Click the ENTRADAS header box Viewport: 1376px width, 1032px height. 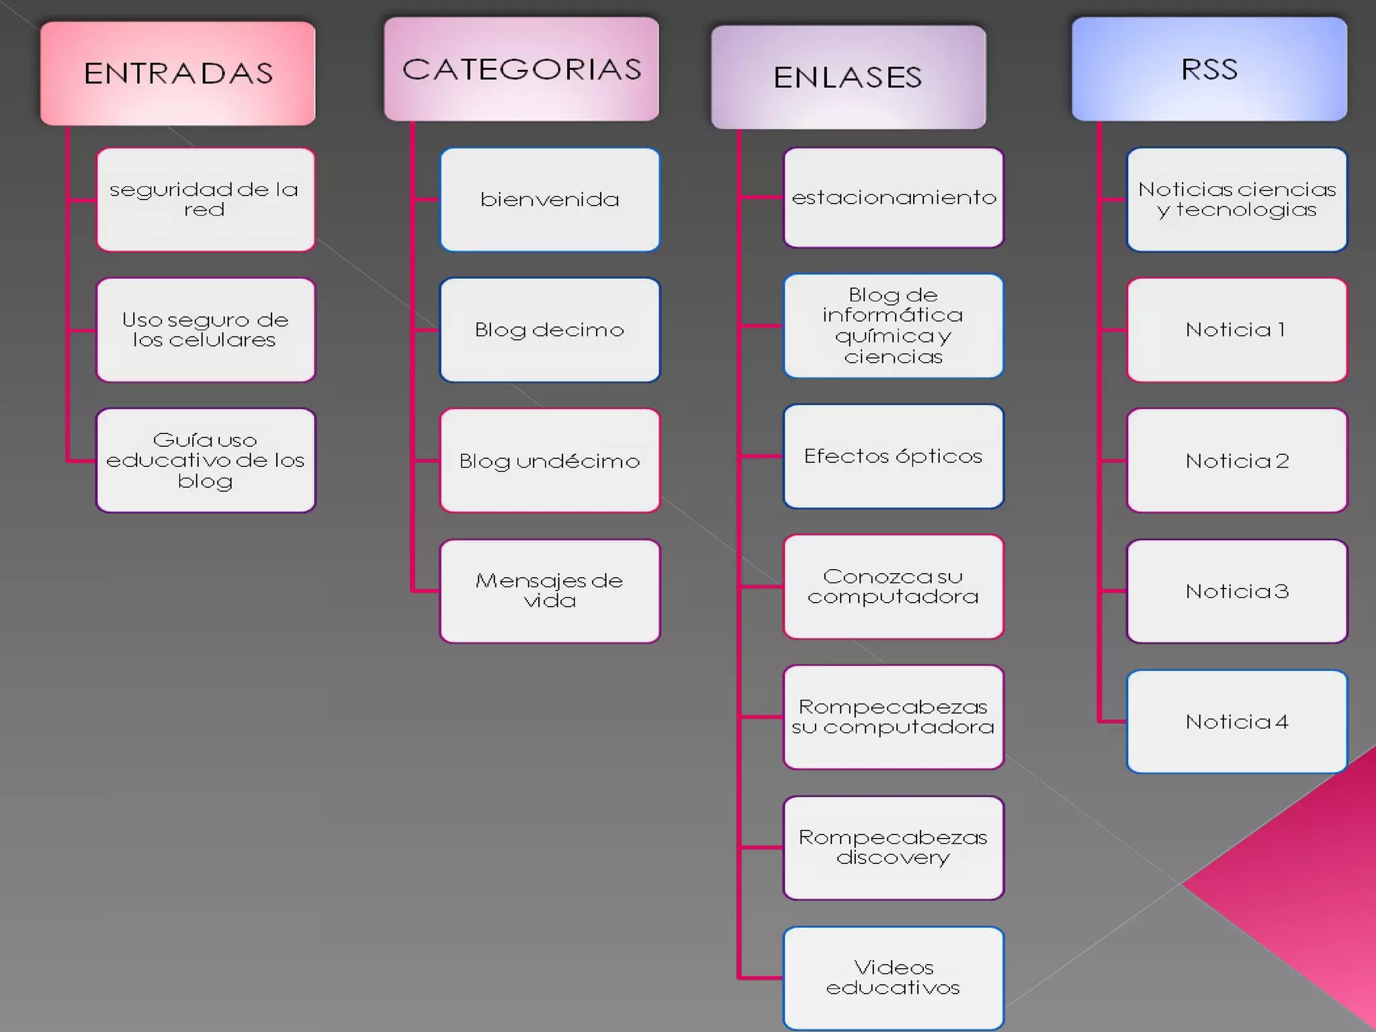(x=178, y=73)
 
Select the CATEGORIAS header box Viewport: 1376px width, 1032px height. (x=521, y=69)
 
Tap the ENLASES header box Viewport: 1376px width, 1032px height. (x=848, y=77)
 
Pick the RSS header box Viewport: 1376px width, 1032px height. (x=1209, y=69)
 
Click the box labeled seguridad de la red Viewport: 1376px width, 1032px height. (x=206, y=200)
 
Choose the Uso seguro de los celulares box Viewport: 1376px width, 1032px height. (x=206, y=330)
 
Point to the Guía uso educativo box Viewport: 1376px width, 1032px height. (x=206, y=460)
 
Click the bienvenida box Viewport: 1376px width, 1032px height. (x=550, y=200)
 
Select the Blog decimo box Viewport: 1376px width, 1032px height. (x=550, y=330)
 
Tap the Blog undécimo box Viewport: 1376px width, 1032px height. (x=550, y=460)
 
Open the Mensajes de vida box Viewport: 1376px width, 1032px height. (x=550, y=591)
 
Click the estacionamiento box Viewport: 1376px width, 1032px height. (x=894, y=198)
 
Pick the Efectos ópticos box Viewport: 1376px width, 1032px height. (x=894, y=456)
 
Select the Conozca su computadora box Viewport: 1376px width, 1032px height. (x=894, y=587)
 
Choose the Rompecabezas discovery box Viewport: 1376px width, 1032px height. (x=894, y=847)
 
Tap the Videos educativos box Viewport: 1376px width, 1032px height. (x=894, y=978)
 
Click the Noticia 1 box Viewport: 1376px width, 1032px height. (x=1237, y=330)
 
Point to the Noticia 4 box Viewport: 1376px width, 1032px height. (x=1237, y=722)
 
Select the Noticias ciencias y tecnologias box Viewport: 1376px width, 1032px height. (x=1237, y=200)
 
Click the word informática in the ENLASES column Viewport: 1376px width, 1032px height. (x=892, y=315)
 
